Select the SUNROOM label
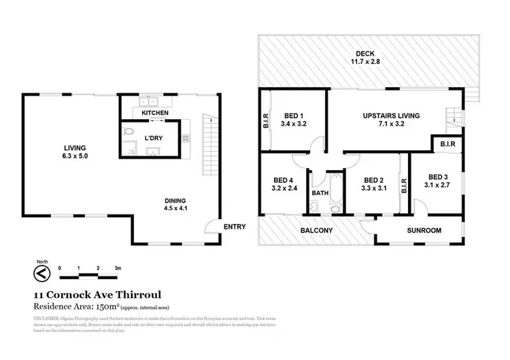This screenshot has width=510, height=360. click(424, 231)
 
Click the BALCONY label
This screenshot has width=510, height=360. click(317, 231)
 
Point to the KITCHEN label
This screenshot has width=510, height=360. click(154, 112)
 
